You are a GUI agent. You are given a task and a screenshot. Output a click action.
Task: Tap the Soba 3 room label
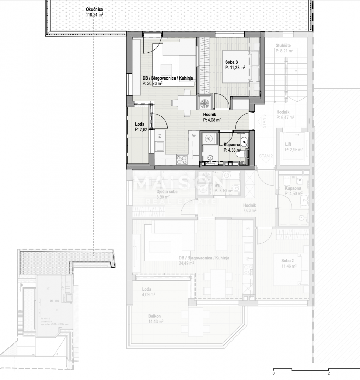tap(231, 62)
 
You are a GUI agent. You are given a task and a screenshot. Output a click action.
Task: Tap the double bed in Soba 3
tap(241, 67)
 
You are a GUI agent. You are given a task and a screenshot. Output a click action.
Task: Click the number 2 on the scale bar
tap(328, 373)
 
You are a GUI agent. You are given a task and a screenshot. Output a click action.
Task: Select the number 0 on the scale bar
tap(273, 373)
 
